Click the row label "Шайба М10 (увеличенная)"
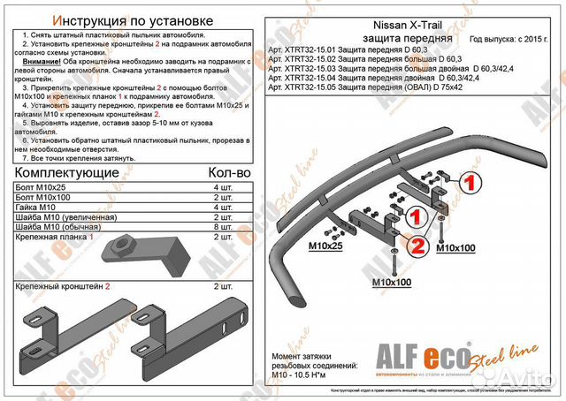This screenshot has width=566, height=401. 67,217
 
